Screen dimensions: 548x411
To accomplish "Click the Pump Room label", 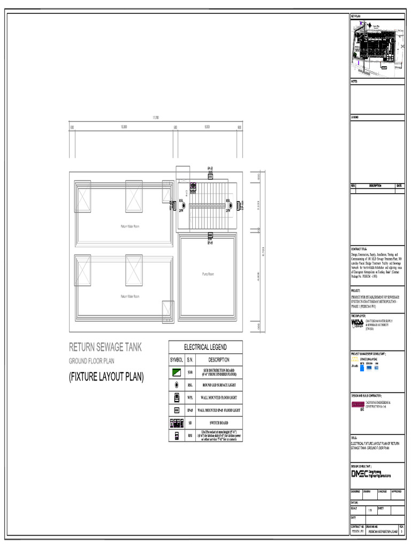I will click(x=208, y=274).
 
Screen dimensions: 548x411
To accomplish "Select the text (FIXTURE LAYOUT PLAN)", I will click(x=106, y=378).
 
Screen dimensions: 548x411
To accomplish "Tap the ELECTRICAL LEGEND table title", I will click(x=205, y=347).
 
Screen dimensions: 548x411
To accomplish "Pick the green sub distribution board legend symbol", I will click(x=177, y=372).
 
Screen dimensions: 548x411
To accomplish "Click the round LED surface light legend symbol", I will click(x=177, y=385).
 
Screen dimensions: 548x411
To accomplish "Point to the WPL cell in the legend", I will click(x=190, y=398).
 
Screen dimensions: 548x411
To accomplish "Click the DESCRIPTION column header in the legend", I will click(x=219, y=360).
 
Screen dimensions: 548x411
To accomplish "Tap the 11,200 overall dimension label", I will click(x=156, y=117).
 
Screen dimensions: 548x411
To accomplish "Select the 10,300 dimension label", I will click(x=124, y=127).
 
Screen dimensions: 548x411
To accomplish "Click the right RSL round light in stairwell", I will click(x=228, y=205).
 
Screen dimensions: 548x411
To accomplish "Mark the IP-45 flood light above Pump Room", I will click(x=211, y=236).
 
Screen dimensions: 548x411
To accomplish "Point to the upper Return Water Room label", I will click(x=130, y=226).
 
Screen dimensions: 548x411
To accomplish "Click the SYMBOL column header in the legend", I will click(x=177, y=360).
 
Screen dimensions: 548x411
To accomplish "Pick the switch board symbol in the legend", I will click(x=177, y=423).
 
